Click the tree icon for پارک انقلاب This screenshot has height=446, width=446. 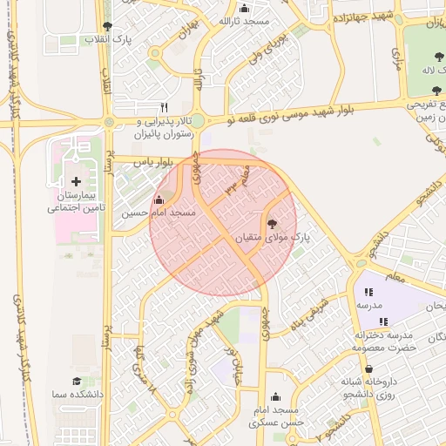click(107, 27)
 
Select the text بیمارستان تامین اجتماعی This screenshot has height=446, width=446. click(76, 204)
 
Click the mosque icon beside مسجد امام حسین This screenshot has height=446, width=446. click(158, 200)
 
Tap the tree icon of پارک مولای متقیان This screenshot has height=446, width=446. click(271, 223)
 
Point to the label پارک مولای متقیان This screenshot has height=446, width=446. click(271, 236)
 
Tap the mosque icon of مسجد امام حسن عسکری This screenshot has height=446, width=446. click(275, 396)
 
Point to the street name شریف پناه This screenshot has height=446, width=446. click(309, 310)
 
